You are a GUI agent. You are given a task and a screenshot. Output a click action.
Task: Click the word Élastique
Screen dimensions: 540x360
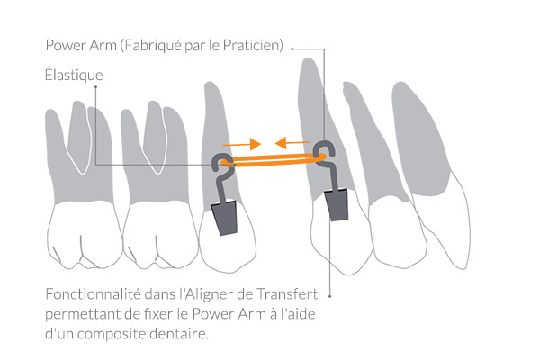point(74,75)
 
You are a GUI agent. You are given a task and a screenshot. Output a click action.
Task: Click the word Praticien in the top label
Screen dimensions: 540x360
point(253,45)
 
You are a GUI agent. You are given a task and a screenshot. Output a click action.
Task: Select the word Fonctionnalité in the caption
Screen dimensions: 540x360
point(93,294)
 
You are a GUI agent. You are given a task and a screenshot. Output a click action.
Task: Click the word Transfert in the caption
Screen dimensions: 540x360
point(287,294)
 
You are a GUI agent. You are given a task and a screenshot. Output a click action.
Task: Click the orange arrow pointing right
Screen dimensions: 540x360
point(242,144)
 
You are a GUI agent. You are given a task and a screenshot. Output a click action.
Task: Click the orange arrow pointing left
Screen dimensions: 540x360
point(292,142)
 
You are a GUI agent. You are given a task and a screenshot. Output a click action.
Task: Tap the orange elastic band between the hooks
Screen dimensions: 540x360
point(274,160)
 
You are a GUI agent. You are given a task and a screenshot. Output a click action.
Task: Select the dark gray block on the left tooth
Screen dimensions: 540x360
point(225,219)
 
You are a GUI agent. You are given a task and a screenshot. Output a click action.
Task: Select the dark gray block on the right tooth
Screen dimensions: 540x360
point(337,205)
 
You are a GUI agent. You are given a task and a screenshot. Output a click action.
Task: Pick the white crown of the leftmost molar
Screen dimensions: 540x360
point(85,234)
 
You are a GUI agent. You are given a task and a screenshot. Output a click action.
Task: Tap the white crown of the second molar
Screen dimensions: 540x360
point(160,234)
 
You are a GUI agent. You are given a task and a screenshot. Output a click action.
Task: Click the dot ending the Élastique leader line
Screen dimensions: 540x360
point(95,86)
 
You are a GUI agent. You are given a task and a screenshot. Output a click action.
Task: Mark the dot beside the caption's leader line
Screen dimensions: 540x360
point(330,296)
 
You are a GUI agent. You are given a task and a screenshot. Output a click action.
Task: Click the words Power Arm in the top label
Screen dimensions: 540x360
point(81,45)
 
